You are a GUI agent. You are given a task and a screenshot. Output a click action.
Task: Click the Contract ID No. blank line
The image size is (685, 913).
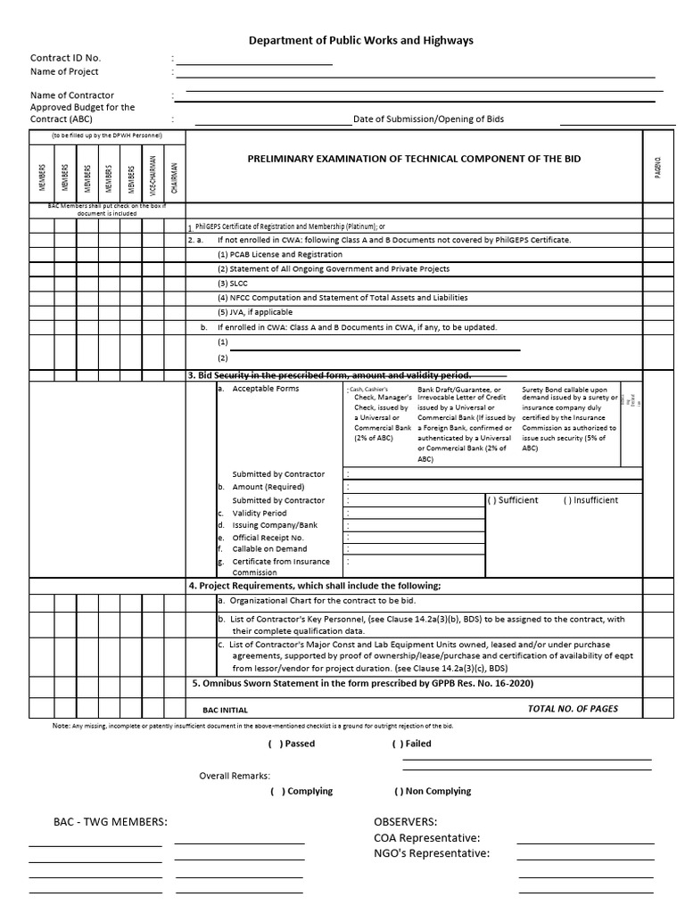pos(254,63)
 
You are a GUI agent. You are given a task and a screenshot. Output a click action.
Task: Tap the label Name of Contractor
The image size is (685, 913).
pos(72,95)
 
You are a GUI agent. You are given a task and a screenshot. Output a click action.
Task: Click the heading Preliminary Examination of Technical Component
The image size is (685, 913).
pos(414,159)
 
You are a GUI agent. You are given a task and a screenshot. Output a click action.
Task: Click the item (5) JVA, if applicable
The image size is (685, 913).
pos(255,312)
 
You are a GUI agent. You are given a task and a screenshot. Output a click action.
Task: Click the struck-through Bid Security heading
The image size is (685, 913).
pos(329,374)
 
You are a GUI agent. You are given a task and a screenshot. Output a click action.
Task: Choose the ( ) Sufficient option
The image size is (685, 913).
pos(513,500)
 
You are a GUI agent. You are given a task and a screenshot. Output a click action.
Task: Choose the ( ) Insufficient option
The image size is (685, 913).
pos(590,500)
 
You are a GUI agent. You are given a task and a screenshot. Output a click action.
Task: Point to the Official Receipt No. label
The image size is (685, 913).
pos(268,538)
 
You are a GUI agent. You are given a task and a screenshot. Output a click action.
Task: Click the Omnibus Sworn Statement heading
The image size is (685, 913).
pos(362,683)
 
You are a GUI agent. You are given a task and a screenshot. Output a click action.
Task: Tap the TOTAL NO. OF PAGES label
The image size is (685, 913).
pos(573,709)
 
